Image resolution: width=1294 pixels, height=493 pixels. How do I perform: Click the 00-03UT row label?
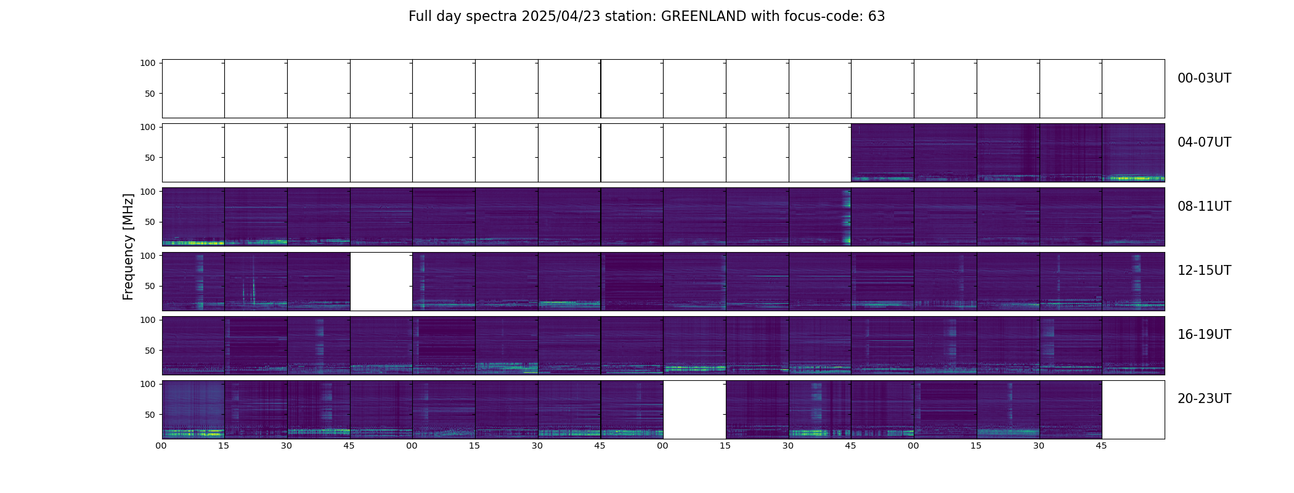(x=1204, y=78)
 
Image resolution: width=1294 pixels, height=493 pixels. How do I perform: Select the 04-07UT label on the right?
(x=1204, y=142)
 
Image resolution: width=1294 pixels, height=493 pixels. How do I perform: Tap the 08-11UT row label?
(x=1204, y=206)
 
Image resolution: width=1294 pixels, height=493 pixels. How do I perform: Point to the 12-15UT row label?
(x=1204, y=271)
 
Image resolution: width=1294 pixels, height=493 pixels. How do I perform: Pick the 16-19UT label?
(x=1204, y=335)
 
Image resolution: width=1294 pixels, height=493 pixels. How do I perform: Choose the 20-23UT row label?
(x=1204, y=399)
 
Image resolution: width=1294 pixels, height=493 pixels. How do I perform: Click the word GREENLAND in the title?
(x=704, y=17)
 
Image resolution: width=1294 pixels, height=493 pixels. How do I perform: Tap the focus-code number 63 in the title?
(x=877, y=17)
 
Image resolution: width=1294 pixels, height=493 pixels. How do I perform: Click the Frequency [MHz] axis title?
(x=128, y=246)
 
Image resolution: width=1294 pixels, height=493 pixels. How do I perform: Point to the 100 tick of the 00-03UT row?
(x=147, y=63)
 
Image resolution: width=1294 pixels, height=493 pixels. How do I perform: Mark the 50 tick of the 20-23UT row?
(x=150, y=415)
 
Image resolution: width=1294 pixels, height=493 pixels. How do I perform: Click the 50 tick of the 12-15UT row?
(x=150, y=286)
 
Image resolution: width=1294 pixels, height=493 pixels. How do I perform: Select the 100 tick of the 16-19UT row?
(x=147, y=320)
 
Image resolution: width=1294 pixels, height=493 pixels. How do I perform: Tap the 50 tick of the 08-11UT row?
(x=150, y=222)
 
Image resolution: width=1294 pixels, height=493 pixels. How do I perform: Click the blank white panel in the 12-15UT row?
(x=381, y=282)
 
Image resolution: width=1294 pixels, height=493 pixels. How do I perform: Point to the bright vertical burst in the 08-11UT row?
(x=847, y=217)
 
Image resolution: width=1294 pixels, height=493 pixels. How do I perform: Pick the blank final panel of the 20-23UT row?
(x=1133, y=410)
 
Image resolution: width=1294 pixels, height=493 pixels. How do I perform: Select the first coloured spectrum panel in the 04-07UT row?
(x=882, y=153)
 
